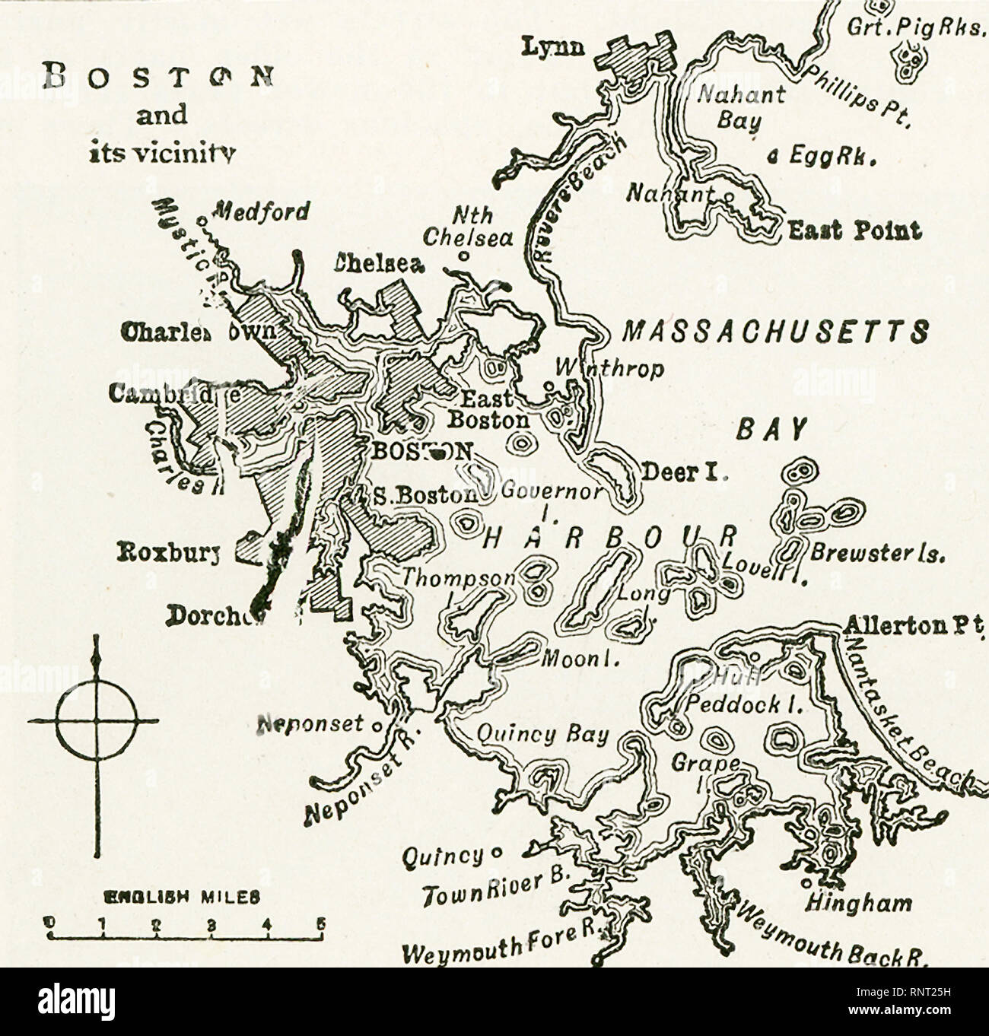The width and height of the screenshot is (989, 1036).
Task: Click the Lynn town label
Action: point(552,47)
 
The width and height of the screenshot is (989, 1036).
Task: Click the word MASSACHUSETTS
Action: point(775,332)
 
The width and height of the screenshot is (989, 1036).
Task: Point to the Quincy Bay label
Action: point(542,734)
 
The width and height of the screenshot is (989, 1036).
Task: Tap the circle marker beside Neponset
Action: point(375,725)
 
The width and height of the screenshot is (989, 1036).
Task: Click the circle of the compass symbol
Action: point(97,720)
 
